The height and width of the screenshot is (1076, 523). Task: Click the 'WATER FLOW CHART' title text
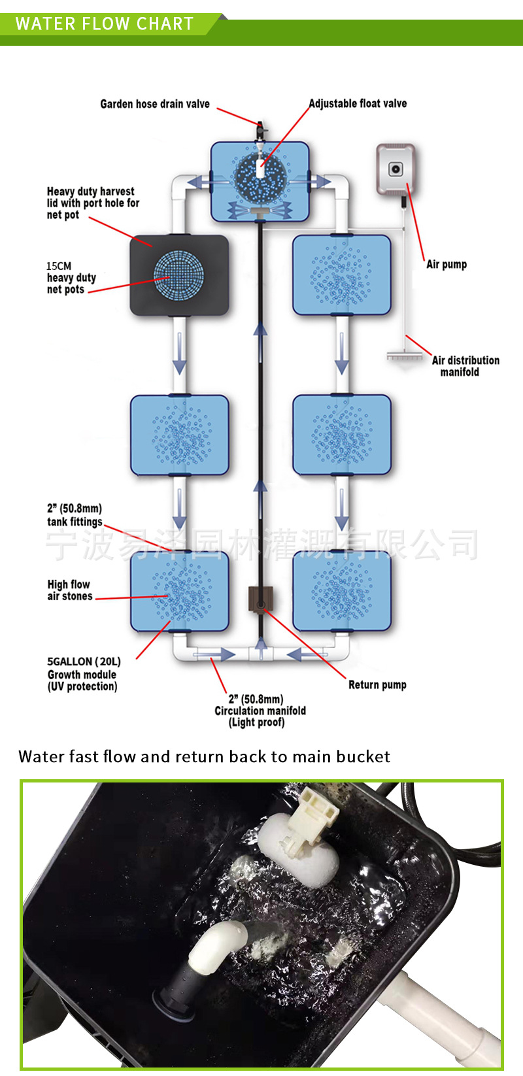coord(105,24)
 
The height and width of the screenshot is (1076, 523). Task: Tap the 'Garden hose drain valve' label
coord(155,104)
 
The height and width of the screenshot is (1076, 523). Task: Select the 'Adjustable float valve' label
coord(358,103)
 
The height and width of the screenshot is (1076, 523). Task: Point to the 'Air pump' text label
coord(447,264)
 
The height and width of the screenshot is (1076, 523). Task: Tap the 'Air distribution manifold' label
coord(465,366)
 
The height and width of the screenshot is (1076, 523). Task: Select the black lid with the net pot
coord(179,275)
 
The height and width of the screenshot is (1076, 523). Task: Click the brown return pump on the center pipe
coord(260,599)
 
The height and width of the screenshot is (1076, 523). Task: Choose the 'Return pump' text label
coord(377,684)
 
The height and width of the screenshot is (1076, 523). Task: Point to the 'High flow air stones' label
coord(69,590)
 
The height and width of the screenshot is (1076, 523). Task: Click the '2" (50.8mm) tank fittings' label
coord(75,515)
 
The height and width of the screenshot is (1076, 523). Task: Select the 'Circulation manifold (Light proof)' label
coord(260,711)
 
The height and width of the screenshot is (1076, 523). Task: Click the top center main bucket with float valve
coord(260,181)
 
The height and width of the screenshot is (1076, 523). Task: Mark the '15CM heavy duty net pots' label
coord(71,278)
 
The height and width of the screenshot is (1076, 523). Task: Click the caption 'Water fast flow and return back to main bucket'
coord(205,756)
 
